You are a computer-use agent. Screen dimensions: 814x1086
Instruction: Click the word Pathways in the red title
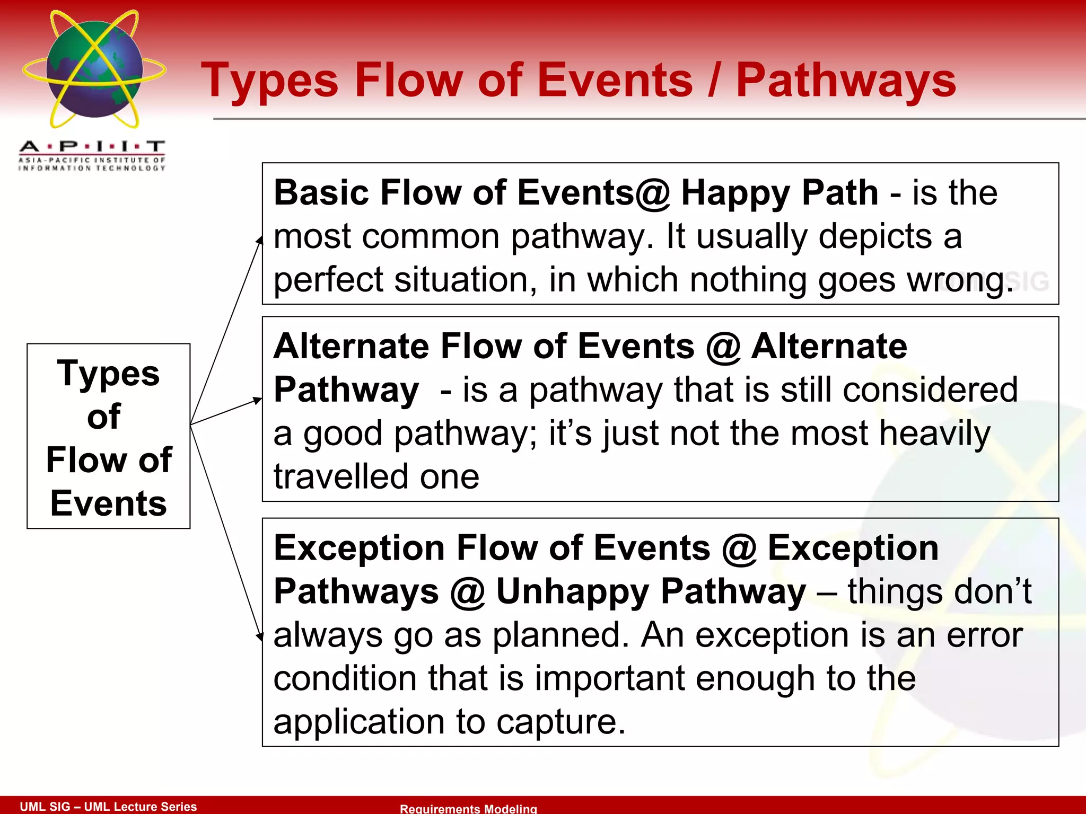[846, 81]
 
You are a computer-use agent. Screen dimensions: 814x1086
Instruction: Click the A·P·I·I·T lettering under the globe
[92, 146]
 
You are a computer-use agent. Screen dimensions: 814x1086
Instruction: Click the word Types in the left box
[108, 374]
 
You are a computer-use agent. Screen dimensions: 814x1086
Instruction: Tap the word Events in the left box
[108, 503]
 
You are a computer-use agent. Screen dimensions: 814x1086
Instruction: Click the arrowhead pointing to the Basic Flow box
[260, 241]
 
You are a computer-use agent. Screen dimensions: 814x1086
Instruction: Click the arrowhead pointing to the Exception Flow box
[260, 636]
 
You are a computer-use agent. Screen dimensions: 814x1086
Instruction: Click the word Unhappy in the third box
[573, 592]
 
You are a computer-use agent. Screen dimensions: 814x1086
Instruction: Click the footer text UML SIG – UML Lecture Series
[108, 806]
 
